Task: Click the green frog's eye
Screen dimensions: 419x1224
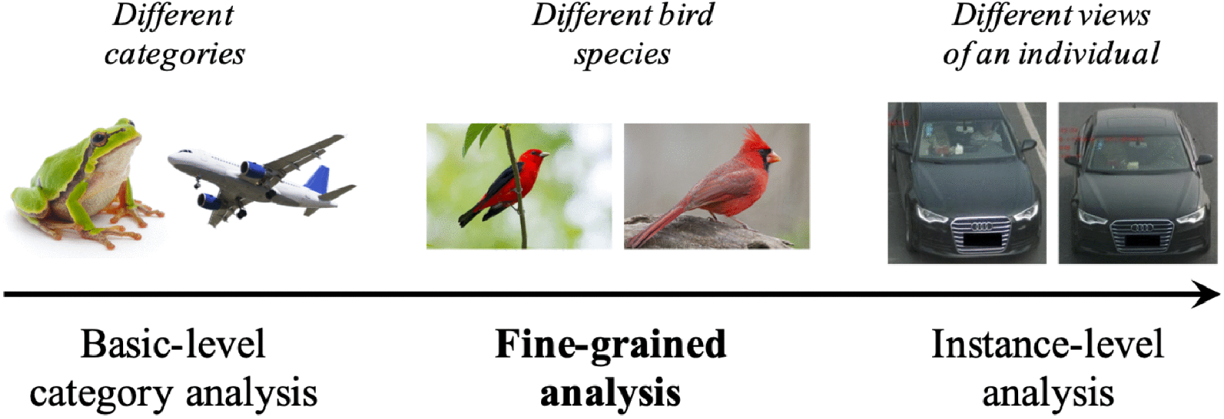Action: [x=99, y=137]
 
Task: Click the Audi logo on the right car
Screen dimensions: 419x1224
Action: [x=1141, y=227]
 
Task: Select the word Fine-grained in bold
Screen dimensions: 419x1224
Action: [x=610, y=344]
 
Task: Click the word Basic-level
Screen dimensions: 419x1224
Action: [x=173, y=344]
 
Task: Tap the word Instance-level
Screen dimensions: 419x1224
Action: [x=1047, y=344]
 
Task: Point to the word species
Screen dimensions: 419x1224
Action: [x=622, y=54]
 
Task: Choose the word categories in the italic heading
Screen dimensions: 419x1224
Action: [x=174, y=54]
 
